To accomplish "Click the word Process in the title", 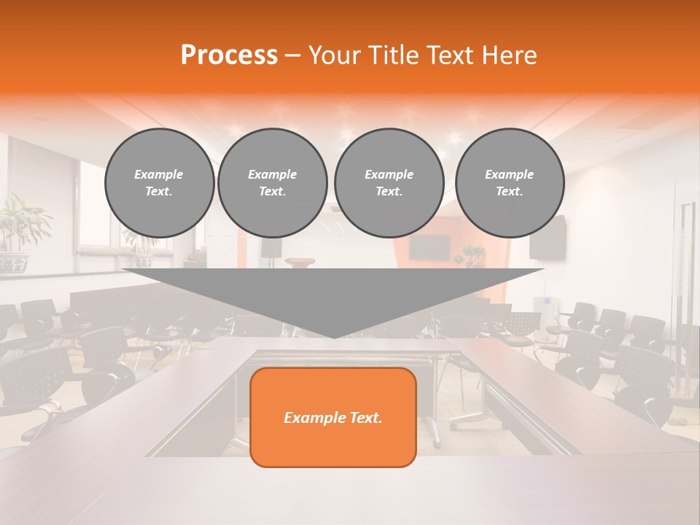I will pos(229,55).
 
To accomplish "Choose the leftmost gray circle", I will pos(160,182).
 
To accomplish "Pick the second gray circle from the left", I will pos(272,182).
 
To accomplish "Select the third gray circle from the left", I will pos(389,182).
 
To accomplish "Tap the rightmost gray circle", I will pos(510,182).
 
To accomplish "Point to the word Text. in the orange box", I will pos(364,418).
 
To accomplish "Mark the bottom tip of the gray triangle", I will pos(334,337).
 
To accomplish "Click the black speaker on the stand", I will pos(271,248).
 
